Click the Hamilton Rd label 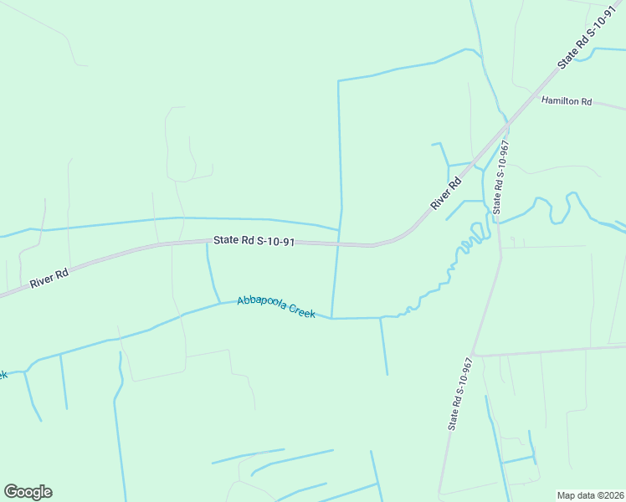[567, 101]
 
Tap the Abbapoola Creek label [275, 306]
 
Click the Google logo [28, 492]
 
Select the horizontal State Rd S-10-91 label [254, 241]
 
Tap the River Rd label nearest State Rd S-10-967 [446, 194]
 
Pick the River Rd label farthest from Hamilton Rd [48, 278]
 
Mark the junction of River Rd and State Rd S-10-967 [507, 125]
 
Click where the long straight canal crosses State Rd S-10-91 [338, 244]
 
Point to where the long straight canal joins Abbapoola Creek [332, 318]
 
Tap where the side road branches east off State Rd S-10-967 [474, 355]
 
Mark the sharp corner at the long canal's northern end [338, 81]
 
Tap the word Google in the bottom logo [28, 492]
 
